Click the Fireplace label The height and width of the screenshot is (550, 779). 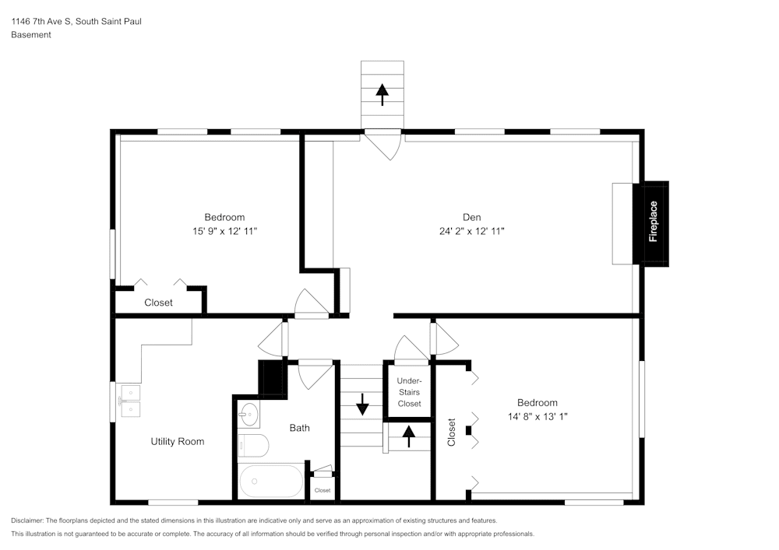click(654, 222)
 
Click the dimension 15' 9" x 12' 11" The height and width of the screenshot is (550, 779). click(224, 231)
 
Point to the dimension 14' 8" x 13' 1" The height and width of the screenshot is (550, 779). click(537, 416)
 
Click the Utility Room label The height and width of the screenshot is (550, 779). click(178, 441)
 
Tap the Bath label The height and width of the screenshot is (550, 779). click(300, 428)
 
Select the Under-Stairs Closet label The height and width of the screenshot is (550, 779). click(409, 392)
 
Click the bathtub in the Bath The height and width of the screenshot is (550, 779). click(271, 482)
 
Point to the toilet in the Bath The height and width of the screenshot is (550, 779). click(254, 446)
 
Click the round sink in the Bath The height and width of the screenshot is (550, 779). click(249, 415)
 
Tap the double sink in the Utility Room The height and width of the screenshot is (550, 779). click(129, 401)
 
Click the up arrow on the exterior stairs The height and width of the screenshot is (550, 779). click(382, 94)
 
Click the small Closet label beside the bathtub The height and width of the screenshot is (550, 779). click(323, 491)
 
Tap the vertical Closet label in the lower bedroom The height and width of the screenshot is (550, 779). click(452, 432)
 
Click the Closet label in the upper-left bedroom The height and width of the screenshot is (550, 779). click(158, 303)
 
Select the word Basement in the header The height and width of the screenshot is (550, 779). click(31, 35)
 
